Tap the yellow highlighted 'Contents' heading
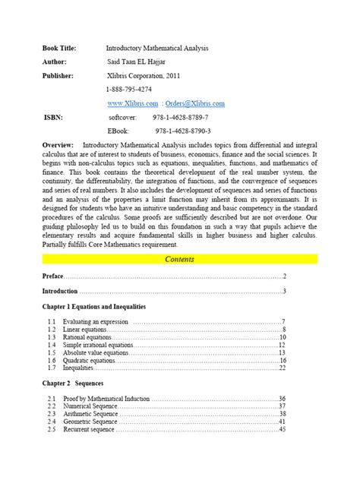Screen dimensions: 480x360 click(x=180, y=260)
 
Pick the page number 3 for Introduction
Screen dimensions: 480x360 click(x=284, y=292)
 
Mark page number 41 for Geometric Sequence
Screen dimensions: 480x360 click(x=282, y=422)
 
